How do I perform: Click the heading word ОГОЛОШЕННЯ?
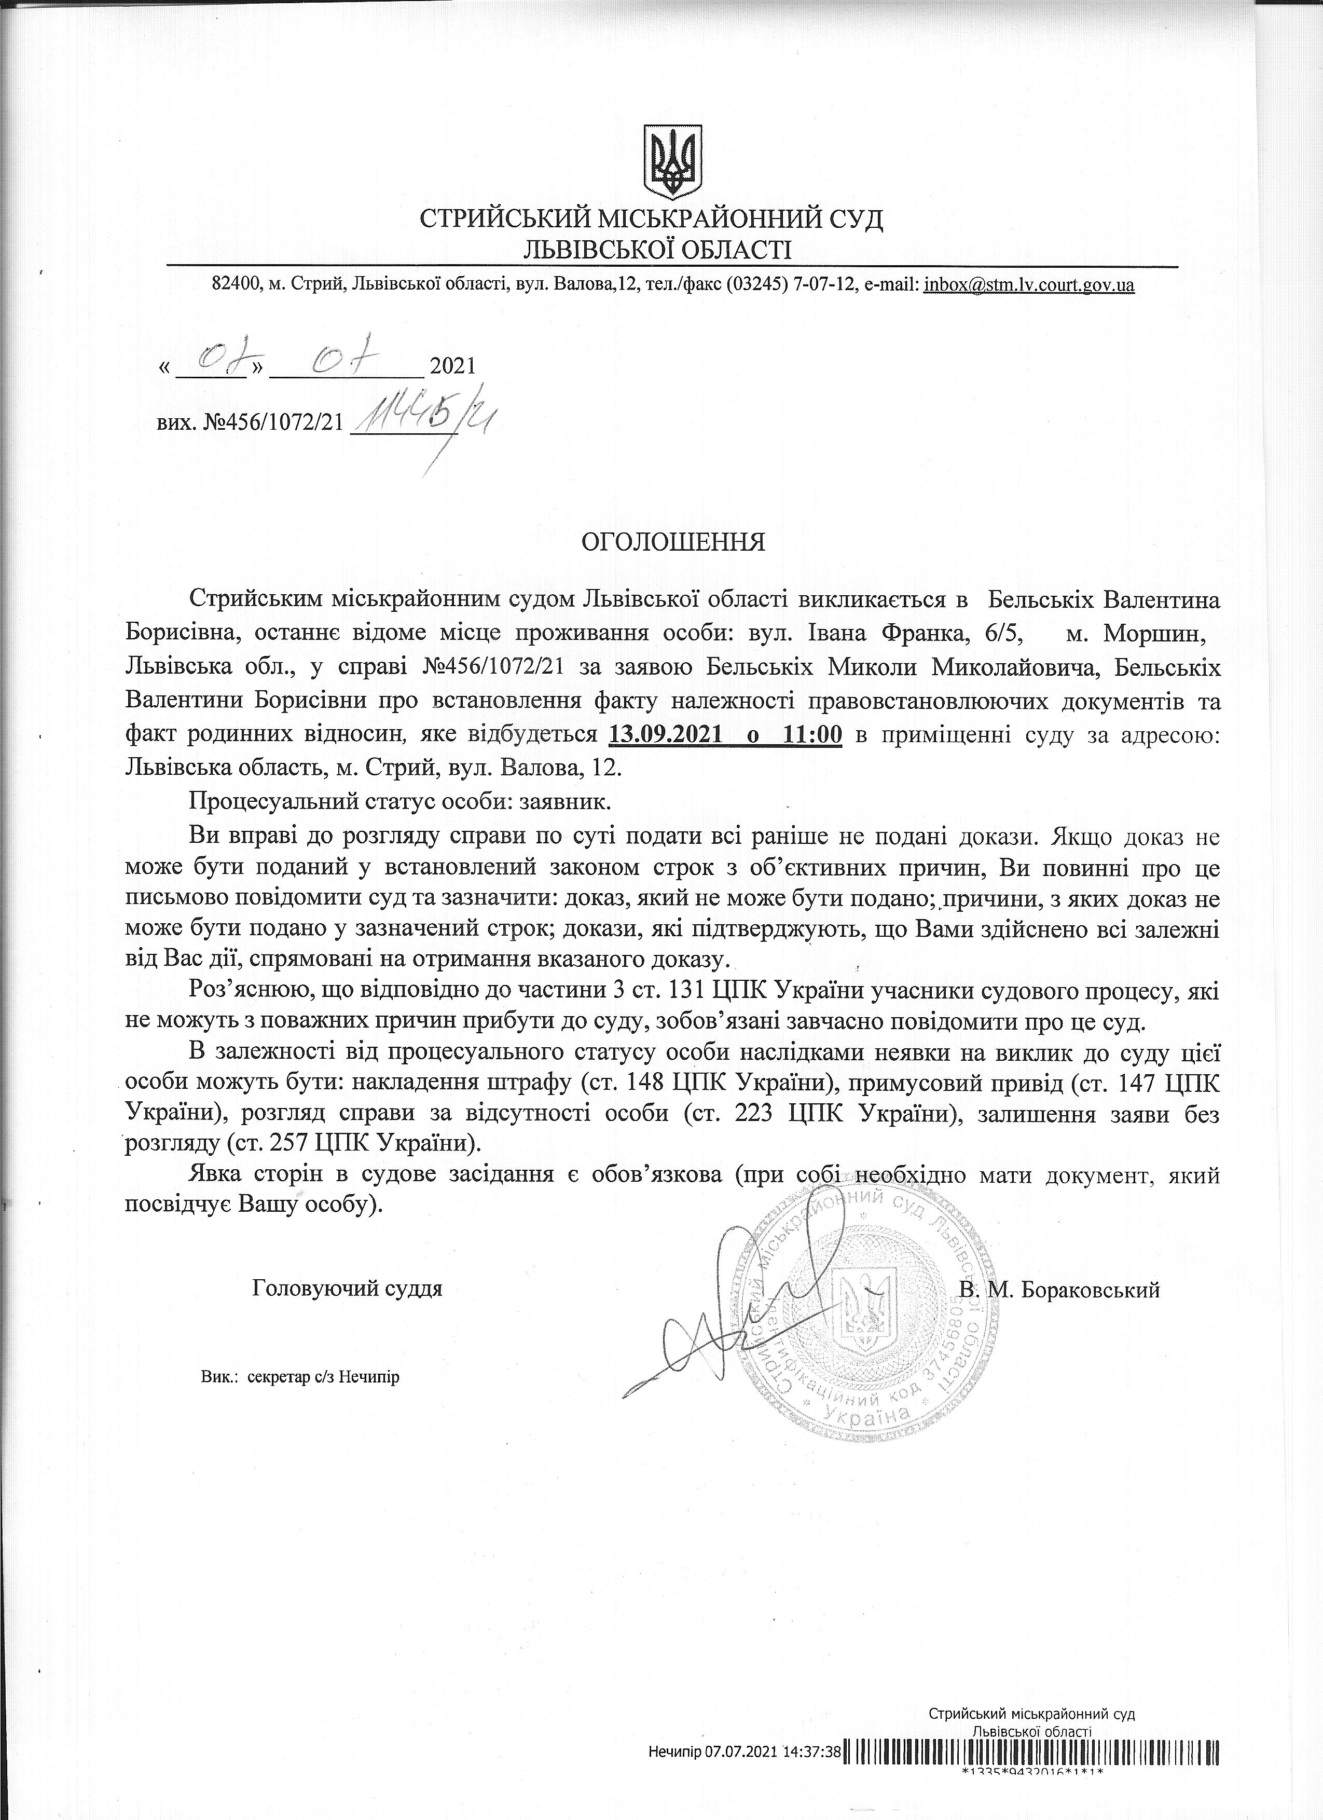673,542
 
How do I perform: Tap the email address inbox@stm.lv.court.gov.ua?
1029,284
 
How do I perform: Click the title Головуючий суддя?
348,1290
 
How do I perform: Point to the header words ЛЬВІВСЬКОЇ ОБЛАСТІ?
656,250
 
